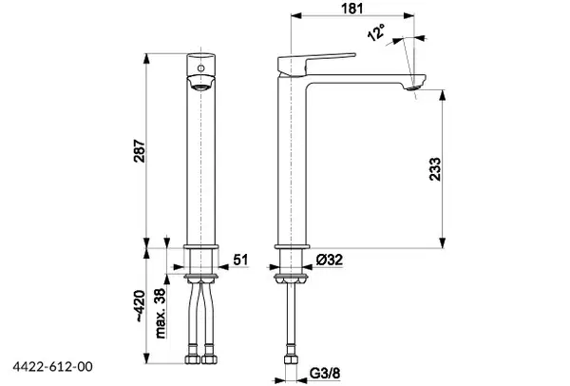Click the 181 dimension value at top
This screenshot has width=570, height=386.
pos(352,8)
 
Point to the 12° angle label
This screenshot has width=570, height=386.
pos(376,32)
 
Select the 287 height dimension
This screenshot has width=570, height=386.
pos(140,150)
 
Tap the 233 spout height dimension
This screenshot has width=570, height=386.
pos(435,169)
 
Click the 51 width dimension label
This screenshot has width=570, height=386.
pos(240,260)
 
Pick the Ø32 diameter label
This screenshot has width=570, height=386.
pos(330,260)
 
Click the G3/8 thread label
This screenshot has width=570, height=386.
pos(325,373)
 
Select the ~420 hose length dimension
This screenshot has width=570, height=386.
pos(140,306)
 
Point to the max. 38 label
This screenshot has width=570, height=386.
pos(160,313)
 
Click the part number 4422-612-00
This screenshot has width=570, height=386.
pos(52,366)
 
